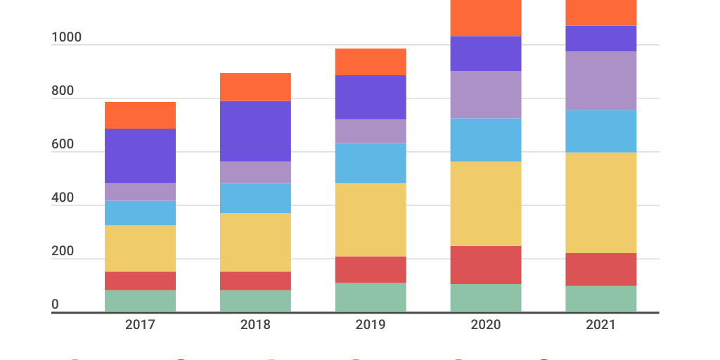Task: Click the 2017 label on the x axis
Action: [140, 325]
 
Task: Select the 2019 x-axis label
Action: [371, 325]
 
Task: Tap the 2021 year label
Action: [601, 325]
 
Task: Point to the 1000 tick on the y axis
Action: [66, 37]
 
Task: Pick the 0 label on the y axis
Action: [55, 305]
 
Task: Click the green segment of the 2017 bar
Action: [140, 301]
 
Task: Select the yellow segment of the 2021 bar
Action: [601, 202]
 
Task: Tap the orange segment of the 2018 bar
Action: [255, 86]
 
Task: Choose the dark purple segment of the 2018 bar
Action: [255, 131]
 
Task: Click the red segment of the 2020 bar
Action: [486, 264]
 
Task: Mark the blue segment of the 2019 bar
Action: [371, 163]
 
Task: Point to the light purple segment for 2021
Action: [601, 81]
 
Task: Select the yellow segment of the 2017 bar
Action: [140, 248]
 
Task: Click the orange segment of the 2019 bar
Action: [371, 62]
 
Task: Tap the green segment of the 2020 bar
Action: [486, 298]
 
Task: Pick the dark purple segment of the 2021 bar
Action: [601, 39]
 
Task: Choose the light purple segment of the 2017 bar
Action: [140, 192]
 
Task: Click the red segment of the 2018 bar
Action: [255, 281]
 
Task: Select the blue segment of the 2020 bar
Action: [486, 140]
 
